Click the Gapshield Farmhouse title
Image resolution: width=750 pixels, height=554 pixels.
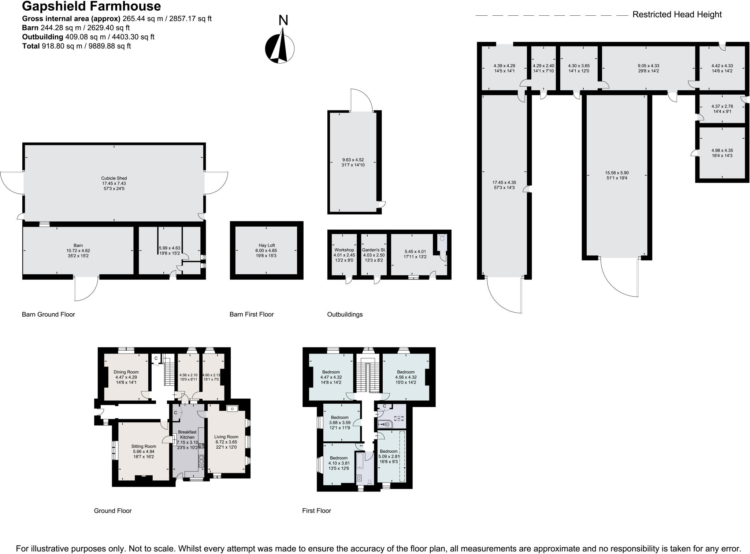(x=91, y=6)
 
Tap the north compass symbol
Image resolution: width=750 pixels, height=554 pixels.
(x=280, y=48)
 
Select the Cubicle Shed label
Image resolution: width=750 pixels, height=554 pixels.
(x=114, y=178)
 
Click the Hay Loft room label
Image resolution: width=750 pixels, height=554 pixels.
(x=267, y=245)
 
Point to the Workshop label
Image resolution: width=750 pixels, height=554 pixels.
(x=344, y=250)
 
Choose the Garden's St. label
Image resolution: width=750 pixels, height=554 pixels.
(x=374, y=250)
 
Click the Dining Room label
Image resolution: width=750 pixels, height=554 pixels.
(x=126, y=372)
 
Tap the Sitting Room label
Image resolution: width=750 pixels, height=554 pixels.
(x=144, y=446)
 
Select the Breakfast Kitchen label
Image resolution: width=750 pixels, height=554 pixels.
(x=187, y=434)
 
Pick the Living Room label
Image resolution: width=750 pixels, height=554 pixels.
(x=226, y=437)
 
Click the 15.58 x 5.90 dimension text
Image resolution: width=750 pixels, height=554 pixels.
(x=617, y=173)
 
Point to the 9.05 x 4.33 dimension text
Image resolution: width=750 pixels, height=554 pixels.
(x=648, y=66)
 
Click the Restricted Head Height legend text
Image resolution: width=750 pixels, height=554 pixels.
(x=677, y=15)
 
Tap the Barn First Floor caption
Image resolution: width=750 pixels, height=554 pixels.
(x=251, y=314)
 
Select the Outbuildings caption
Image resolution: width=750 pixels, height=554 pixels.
(x=345, y=314)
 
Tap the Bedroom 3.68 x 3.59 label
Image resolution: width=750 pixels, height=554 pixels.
(x=339, y=418)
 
